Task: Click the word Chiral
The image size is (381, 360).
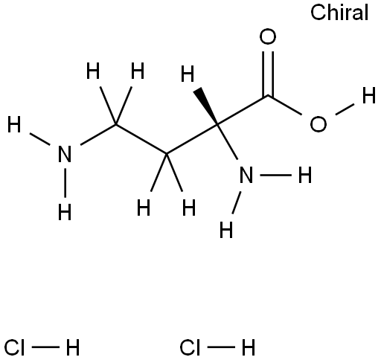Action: (x=339, y=13)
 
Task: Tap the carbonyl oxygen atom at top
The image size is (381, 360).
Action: (x=268, y=37)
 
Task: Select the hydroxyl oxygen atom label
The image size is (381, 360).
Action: (x=318, y=124)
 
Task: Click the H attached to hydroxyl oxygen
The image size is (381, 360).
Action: (x=369, y=95)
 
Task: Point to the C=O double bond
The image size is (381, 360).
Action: (x=268, y=74)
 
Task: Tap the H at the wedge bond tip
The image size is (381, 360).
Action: (x=188, y=74)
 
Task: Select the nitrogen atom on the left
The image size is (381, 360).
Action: (x=65, y=154)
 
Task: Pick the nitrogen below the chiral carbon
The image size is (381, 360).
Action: (x=246, y=175)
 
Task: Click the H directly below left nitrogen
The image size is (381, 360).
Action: (x=65, y=212)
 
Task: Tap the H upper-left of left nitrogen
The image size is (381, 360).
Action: (x=14, y=124)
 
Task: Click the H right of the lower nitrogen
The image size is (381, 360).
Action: (x=305, y=175)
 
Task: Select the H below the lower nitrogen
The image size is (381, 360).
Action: (x=226, y=230)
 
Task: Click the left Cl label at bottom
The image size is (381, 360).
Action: (x=14, y=347)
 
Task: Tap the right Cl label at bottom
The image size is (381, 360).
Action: (x=190, y=347)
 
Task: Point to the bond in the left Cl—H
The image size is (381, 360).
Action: (x=45, y=347)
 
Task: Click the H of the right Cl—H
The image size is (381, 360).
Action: (x=249, y=347)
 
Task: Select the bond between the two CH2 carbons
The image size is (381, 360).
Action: (x=141, y=139)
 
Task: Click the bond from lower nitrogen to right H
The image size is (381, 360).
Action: (x=275, y=175)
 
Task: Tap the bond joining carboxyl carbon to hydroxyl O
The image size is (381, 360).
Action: (x=285, y=105)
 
